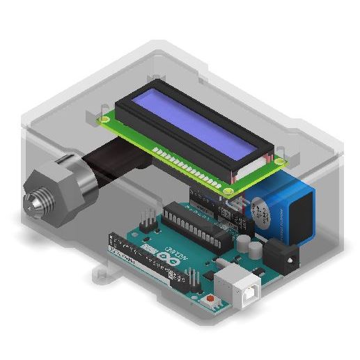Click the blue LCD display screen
(x=199, y=132)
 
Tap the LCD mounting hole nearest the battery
(x=279, y=160)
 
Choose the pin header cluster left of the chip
(x=148, y=219)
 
